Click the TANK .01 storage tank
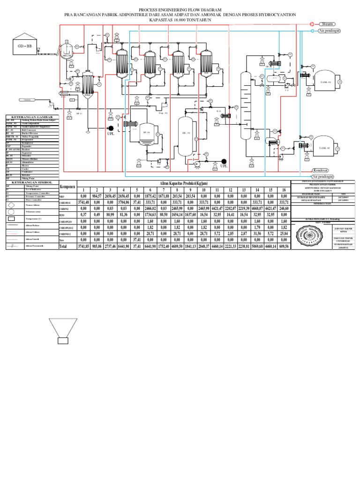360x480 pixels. point(325,82)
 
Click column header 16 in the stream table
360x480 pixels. point(284,189)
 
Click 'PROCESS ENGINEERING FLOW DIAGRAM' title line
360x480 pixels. point(180,10)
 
